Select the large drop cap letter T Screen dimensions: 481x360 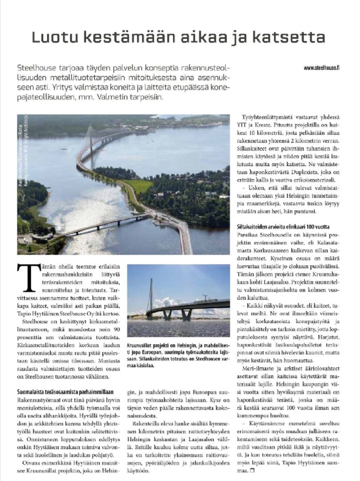tap(26, 277)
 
